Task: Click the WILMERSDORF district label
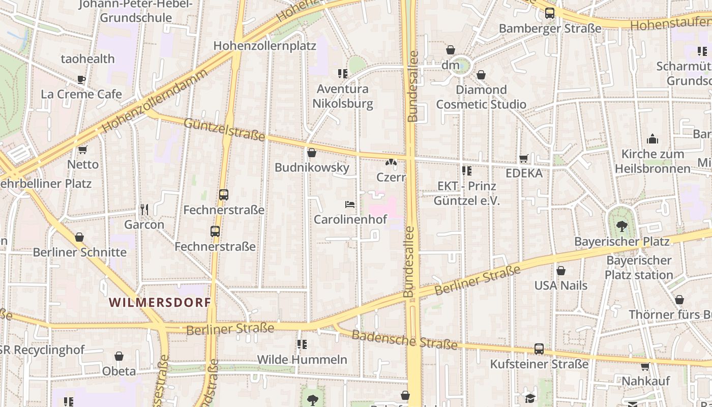pyautogui.click(x=160, y=302)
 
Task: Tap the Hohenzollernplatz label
pyautogui.click(x=264, y=46)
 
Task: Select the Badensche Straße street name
pyautogui.click(x=404, y=339)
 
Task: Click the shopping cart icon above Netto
pyautogui.click(x=83, y=150)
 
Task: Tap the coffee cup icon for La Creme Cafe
pyautogui.click(x=81, y=79)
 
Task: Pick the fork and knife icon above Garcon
pyautogui.click(x=144, y=209)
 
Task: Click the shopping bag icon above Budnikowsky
pyautogui.click(x=312, y=153)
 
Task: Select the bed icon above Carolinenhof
pyautogui.click(x=350, y=205)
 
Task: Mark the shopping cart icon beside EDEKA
pyautogui.click(x=524, y=158)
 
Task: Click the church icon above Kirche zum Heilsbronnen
pyautogui.click(x=652, y=139)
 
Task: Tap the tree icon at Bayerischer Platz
pyautogui.click(x=621, y=226)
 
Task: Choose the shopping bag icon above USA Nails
pyautogui.click(x=561, y=271)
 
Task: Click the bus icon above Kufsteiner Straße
pyautogui.click(x=539, y=349)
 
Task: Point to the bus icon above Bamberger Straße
pyautogui.click(x=550, y=13)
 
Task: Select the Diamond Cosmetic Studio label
pyautogui.click(x=481, y=97)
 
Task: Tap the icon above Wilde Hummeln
pyautogui.click(x=302, y=344)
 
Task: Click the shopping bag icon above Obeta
pyautogui.click(x=119, y=356)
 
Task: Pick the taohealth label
pyautogui.click(x=88, y=59)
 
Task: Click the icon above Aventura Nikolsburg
pyautogui.click(x=343, y=74)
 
